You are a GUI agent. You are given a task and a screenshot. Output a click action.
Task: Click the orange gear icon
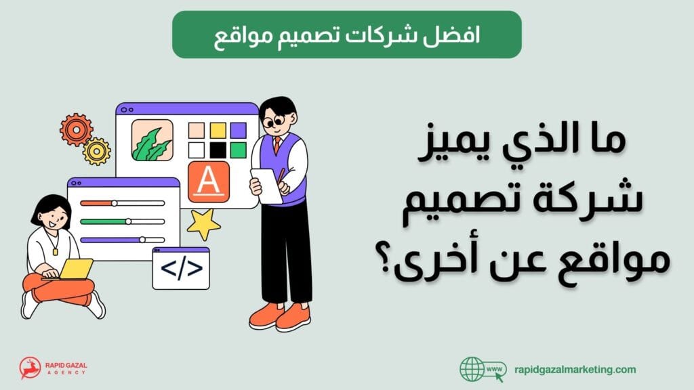(76, 129)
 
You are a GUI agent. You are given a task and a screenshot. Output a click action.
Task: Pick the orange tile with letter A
(209, 182)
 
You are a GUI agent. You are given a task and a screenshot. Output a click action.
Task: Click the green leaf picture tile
(152, 140)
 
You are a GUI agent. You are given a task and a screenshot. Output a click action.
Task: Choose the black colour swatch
(218, 150)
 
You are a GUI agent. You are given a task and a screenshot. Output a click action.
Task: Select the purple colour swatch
(238, 130)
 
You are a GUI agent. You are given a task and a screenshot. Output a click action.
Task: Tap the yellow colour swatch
(218, 130)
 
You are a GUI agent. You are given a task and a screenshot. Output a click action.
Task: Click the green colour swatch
(238, 150)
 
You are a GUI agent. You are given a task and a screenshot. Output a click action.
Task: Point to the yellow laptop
(75, 269)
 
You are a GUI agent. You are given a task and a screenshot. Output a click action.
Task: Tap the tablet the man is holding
(266, 185)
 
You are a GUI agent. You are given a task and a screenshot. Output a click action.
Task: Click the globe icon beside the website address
(473, 369)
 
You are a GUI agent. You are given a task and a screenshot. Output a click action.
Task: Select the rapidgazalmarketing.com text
(573, 369)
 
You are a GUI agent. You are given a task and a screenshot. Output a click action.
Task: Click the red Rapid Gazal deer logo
(30, 368)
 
